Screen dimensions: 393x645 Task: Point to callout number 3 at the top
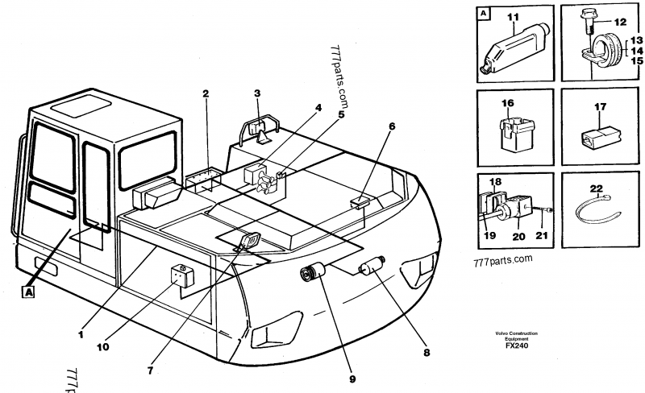(x=256, y=93)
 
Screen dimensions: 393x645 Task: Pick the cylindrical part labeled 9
(x=312, y=274)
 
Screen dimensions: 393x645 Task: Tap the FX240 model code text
(x=511, y=347)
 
